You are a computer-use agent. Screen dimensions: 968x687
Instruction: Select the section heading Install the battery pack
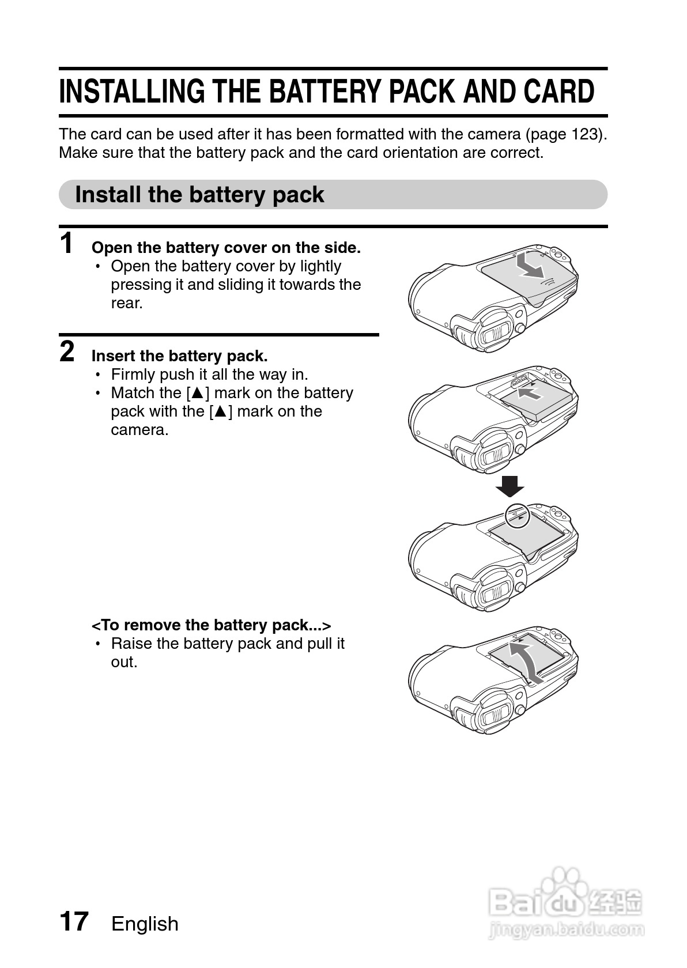[199, 195]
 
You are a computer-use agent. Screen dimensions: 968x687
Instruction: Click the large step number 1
[67, 243]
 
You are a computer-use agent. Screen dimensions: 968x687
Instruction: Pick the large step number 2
[67, 351]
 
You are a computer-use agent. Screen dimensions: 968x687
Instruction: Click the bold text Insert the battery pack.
[179, 356]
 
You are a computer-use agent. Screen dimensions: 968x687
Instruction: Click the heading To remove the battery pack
[211, 625]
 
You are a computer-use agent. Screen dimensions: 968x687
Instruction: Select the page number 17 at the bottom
[74, 921]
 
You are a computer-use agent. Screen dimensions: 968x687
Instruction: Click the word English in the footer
[145, 924]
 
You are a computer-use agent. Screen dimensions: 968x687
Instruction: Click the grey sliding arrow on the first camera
[529, 265]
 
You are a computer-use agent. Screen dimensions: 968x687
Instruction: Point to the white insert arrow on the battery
[530, 394]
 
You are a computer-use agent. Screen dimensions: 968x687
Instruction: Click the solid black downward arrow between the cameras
[510, 486]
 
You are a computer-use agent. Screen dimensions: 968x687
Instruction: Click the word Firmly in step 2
[133, 375]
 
